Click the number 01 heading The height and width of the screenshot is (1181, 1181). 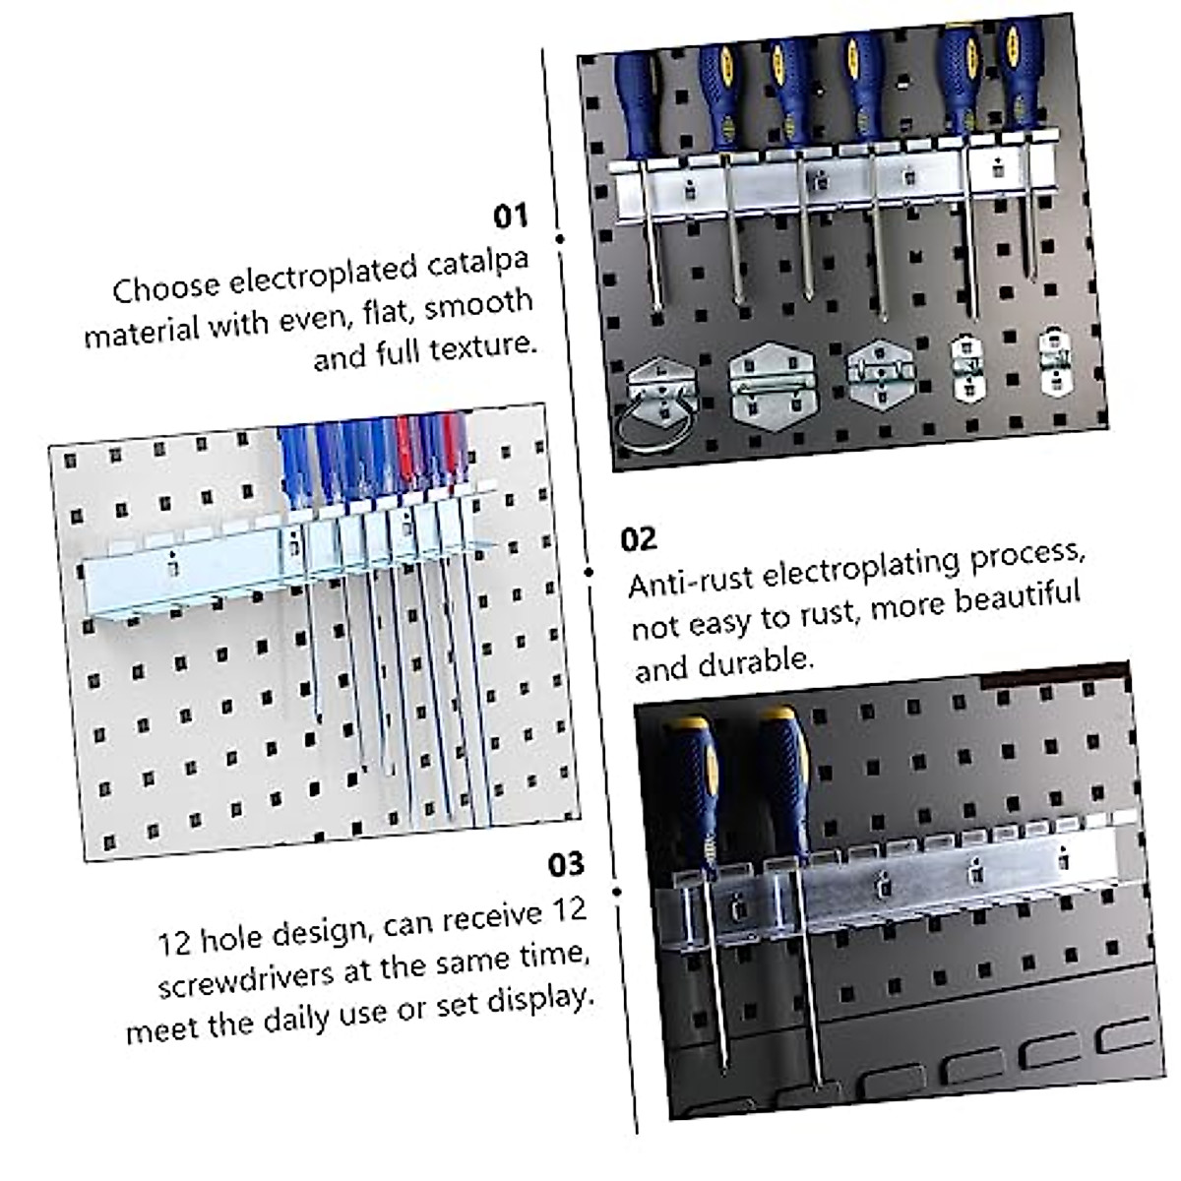510,216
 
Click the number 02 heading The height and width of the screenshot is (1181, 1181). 638,539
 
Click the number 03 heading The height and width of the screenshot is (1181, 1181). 566,864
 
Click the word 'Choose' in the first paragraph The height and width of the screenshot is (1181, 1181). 165,288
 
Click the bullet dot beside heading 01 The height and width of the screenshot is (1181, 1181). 560,238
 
